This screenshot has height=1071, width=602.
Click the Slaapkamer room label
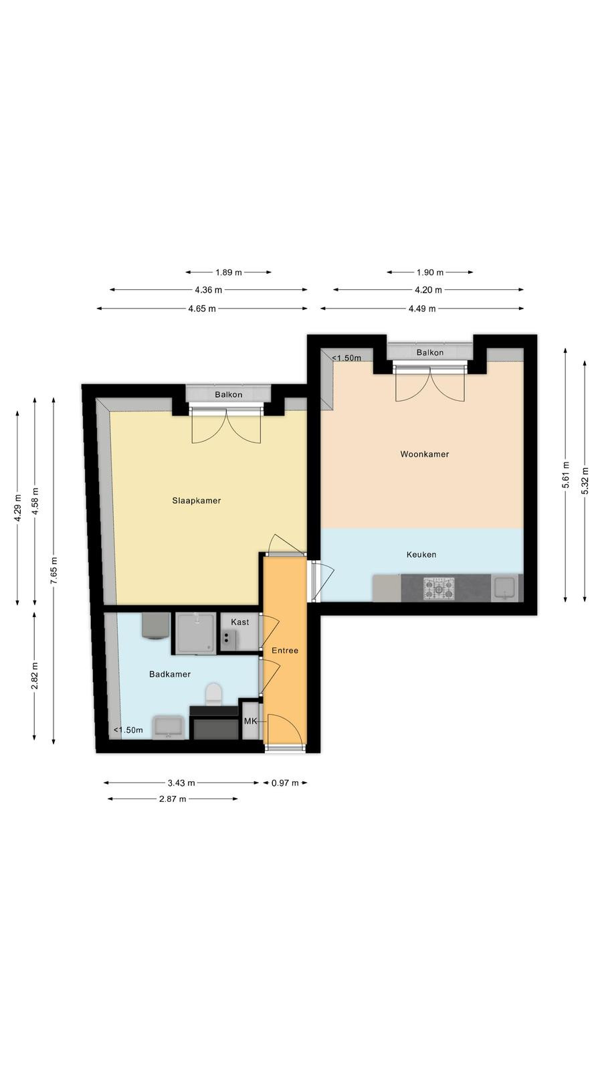click(197, 501)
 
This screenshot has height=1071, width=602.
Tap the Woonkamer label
click(425, 455)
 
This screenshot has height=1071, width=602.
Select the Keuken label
click(421, 555)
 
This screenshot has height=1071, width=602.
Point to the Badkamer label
click(170, 674)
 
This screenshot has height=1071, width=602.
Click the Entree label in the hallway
click(285, 650)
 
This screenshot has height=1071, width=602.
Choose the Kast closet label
click(240, 622)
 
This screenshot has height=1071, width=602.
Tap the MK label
click(250, 721)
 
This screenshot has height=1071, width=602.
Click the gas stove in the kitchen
click(439, 588)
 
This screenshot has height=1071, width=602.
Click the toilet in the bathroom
click(213, 693)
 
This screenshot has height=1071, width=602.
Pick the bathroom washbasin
click(168, 727)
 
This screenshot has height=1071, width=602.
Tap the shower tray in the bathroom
click(196, 633)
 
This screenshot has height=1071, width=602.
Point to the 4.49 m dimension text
click(422, 309)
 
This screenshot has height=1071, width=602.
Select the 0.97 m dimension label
click(285, 783)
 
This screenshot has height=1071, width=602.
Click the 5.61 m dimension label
click(566, 475)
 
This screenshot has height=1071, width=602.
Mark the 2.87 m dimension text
click(173, 799)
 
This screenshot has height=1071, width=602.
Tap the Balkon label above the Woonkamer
click(430, 352)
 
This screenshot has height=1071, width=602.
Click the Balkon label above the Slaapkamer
click(228, 395)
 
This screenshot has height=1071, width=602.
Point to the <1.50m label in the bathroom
click(128, 730)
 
